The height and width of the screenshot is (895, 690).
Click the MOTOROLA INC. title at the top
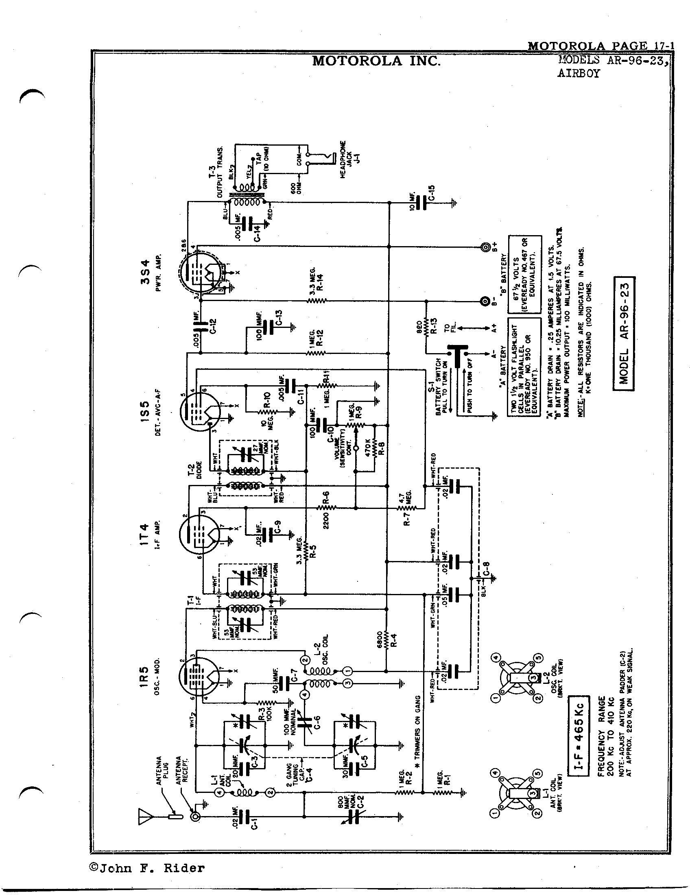(376, 61)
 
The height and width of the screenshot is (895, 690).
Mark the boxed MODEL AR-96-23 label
(623, 334)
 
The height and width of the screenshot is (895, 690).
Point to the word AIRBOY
(578, 74)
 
